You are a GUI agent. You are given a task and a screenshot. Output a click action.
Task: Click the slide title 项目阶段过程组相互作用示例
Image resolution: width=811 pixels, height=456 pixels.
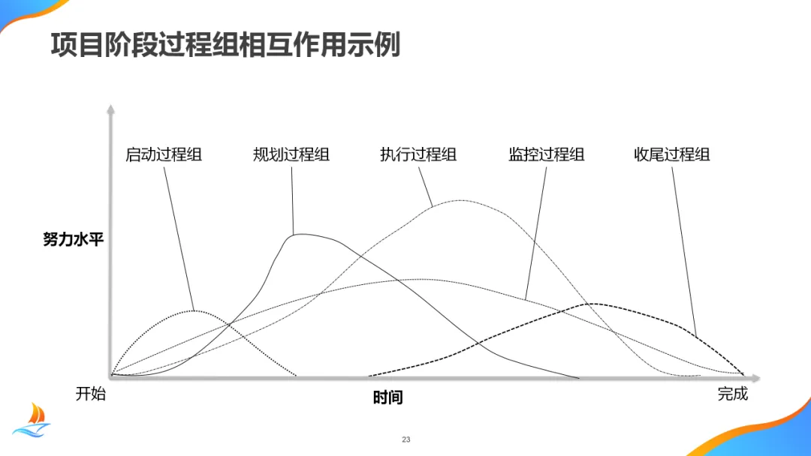point(225,45)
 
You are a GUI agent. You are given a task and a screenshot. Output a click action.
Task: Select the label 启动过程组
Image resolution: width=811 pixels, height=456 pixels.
point(164,155)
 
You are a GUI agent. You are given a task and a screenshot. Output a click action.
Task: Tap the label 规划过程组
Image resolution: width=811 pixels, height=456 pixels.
point(291,155)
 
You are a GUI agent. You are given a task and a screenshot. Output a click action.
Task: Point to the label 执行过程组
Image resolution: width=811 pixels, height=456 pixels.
point(418,155)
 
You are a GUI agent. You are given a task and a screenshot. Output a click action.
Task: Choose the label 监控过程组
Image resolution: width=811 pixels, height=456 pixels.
point(546,155)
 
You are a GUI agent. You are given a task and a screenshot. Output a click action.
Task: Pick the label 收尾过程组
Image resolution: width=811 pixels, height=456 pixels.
point(672,155)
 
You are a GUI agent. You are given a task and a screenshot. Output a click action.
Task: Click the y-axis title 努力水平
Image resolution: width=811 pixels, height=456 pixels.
point(73,241)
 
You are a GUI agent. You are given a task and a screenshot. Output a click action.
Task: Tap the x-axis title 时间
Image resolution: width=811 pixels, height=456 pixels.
point(387,397)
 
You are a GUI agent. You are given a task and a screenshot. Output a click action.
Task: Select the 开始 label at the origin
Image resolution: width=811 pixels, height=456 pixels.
point(91,394)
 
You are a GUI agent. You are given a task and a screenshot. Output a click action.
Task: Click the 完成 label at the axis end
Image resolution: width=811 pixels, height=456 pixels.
point(733,394)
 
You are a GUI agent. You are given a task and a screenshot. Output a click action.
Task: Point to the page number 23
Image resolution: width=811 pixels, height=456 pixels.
point(406,439)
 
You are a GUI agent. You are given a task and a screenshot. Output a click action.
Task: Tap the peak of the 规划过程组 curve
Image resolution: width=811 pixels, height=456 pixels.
point(300,234)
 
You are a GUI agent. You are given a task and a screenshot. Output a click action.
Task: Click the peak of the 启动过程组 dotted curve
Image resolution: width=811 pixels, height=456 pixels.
point(194,310)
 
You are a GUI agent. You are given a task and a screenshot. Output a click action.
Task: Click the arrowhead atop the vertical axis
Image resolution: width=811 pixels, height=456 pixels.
point(110,109)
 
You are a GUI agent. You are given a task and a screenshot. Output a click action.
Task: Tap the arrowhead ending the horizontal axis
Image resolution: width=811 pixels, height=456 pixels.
point(756,376)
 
